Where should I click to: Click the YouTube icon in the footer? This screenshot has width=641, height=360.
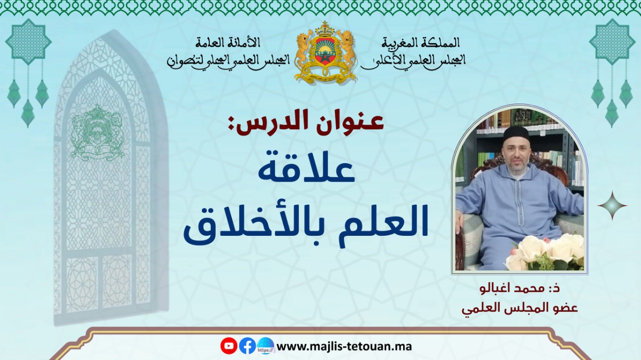229,345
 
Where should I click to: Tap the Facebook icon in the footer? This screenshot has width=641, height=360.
247,346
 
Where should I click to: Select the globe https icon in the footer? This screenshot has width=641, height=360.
266,345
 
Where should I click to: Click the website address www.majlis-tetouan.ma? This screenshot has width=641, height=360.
344,346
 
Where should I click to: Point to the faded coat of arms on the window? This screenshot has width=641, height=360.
97,133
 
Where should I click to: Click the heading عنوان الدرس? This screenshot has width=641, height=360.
310,125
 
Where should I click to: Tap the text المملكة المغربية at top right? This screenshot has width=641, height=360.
421,43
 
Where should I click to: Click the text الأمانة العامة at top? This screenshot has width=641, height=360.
228,43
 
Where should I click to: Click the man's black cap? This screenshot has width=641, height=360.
516,133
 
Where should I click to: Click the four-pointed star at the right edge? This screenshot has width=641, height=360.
612,205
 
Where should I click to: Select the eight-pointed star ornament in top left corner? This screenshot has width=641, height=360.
28,42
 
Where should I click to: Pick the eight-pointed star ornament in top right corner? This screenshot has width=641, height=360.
612,42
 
